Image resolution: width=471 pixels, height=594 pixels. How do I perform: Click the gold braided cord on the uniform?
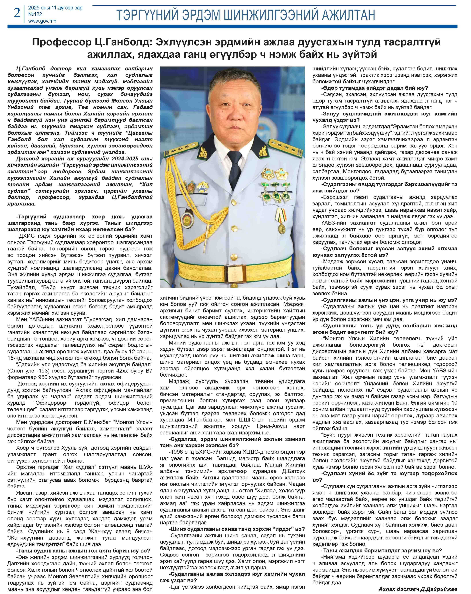[179, 187]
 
